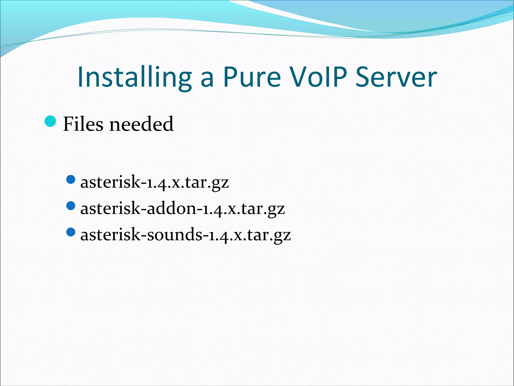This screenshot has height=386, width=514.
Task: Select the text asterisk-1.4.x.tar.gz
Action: click(154, 182)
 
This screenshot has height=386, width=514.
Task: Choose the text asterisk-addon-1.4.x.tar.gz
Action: click(182, 208)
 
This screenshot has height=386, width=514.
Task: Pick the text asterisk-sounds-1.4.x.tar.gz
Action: click(185, 235)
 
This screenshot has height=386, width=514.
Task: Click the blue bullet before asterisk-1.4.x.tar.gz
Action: click(71, 180)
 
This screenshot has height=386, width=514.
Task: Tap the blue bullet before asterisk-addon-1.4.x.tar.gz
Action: click(71, 206)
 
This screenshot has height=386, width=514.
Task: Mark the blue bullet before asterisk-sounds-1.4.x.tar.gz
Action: click(71, 232)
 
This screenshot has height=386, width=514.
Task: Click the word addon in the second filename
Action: click(171, 208)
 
